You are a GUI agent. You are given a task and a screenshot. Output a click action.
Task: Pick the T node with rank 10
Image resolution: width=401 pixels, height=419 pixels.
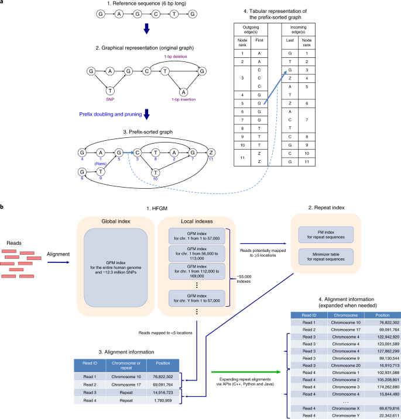point(155,173)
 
